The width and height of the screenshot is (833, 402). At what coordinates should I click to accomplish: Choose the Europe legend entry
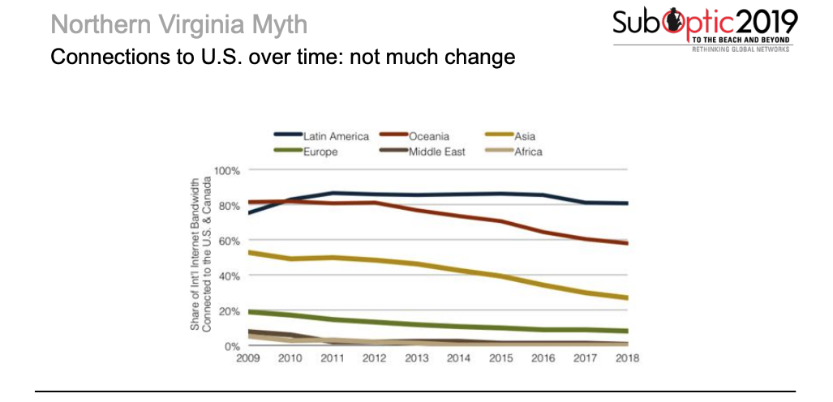click(320, 151)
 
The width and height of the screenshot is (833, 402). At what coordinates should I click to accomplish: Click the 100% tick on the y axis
click(227, 171)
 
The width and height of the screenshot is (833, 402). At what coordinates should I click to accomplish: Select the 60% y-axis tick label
click(230, 241)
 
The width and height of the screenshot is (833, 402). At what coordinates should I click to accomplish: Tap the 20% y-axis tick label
click(230, 311)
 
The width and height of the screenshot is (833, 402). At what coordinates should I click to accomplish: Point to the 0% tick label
click(233, 346)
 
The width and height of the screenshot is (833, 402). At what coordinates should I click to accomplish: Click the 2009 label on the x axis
click(247, 358)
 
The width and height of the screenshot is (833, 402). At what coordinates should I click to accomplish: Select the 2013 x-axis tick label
click(416, 358)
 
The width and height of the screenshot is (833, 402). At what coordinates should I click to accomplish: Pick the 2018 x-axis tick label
click(627, 358)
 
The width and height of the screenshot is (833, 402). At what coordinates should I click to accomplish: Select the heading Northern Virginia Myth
click(178, 24)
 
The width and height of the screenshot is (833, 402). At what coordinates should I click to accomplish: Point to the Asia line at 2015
click(500, 276)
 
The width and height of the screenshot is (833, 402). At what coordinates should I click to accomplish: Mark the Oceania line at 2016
click(543, 233)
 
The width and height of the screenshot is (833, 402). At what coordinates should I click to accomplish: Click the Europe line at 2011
click(332, 319)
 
